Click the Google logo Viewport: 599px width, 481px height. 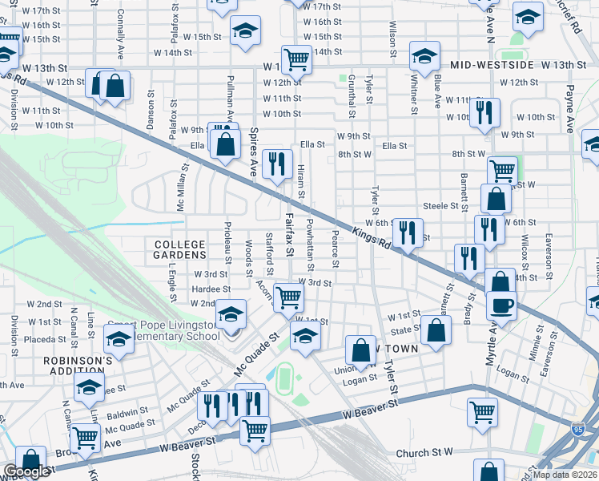26,472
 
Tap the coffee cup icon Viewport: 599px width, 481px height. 501,305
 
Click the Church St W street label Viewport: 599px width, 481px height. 424,454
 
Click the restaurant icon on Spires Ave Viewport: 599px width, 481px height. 277,165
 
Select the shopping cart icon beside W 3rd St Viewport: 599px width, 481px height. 288,297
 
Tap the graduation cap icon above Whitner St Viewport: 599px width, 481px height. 424,57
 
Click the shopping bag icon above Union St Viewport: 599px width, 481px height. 360,350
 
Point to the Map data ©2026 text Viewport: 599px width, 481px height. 565,475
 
